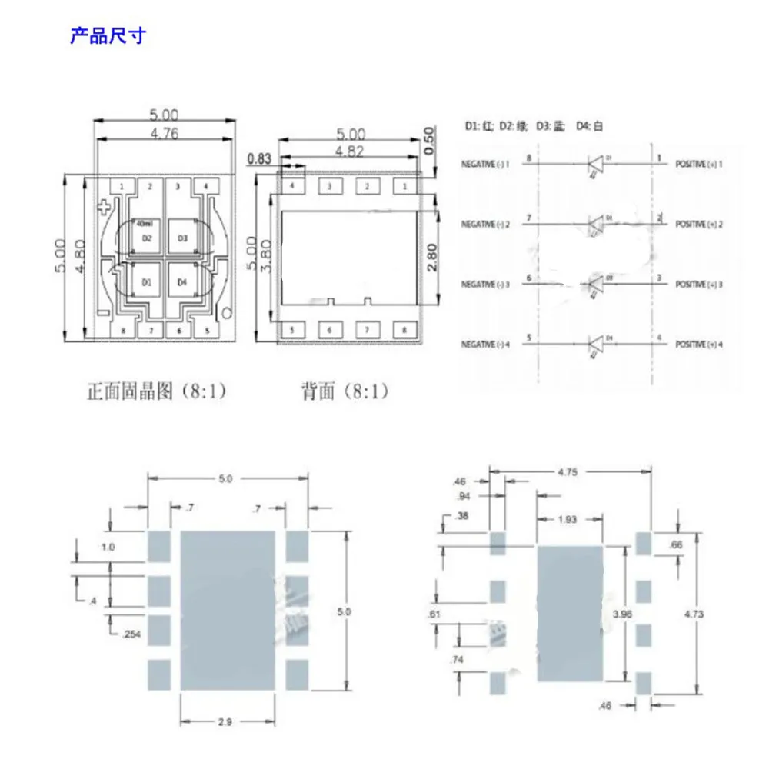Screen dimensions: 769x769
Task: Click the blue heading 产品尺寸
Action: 108,35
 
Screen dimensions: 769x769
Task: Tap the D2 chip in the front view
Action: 148,238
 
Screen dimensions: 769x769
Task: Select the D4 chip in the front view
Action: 182,282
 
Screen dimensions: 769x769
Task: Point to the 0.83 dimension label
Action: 259,159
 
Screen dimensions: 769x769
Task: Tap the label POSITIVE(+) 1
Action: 700,164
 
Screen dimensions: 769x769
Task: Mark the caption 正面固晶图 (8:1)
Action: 156,392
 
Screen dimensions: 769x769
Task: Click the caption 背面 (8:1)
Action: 345,392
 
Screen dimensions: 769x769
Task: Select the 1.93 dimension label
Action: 567,520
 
